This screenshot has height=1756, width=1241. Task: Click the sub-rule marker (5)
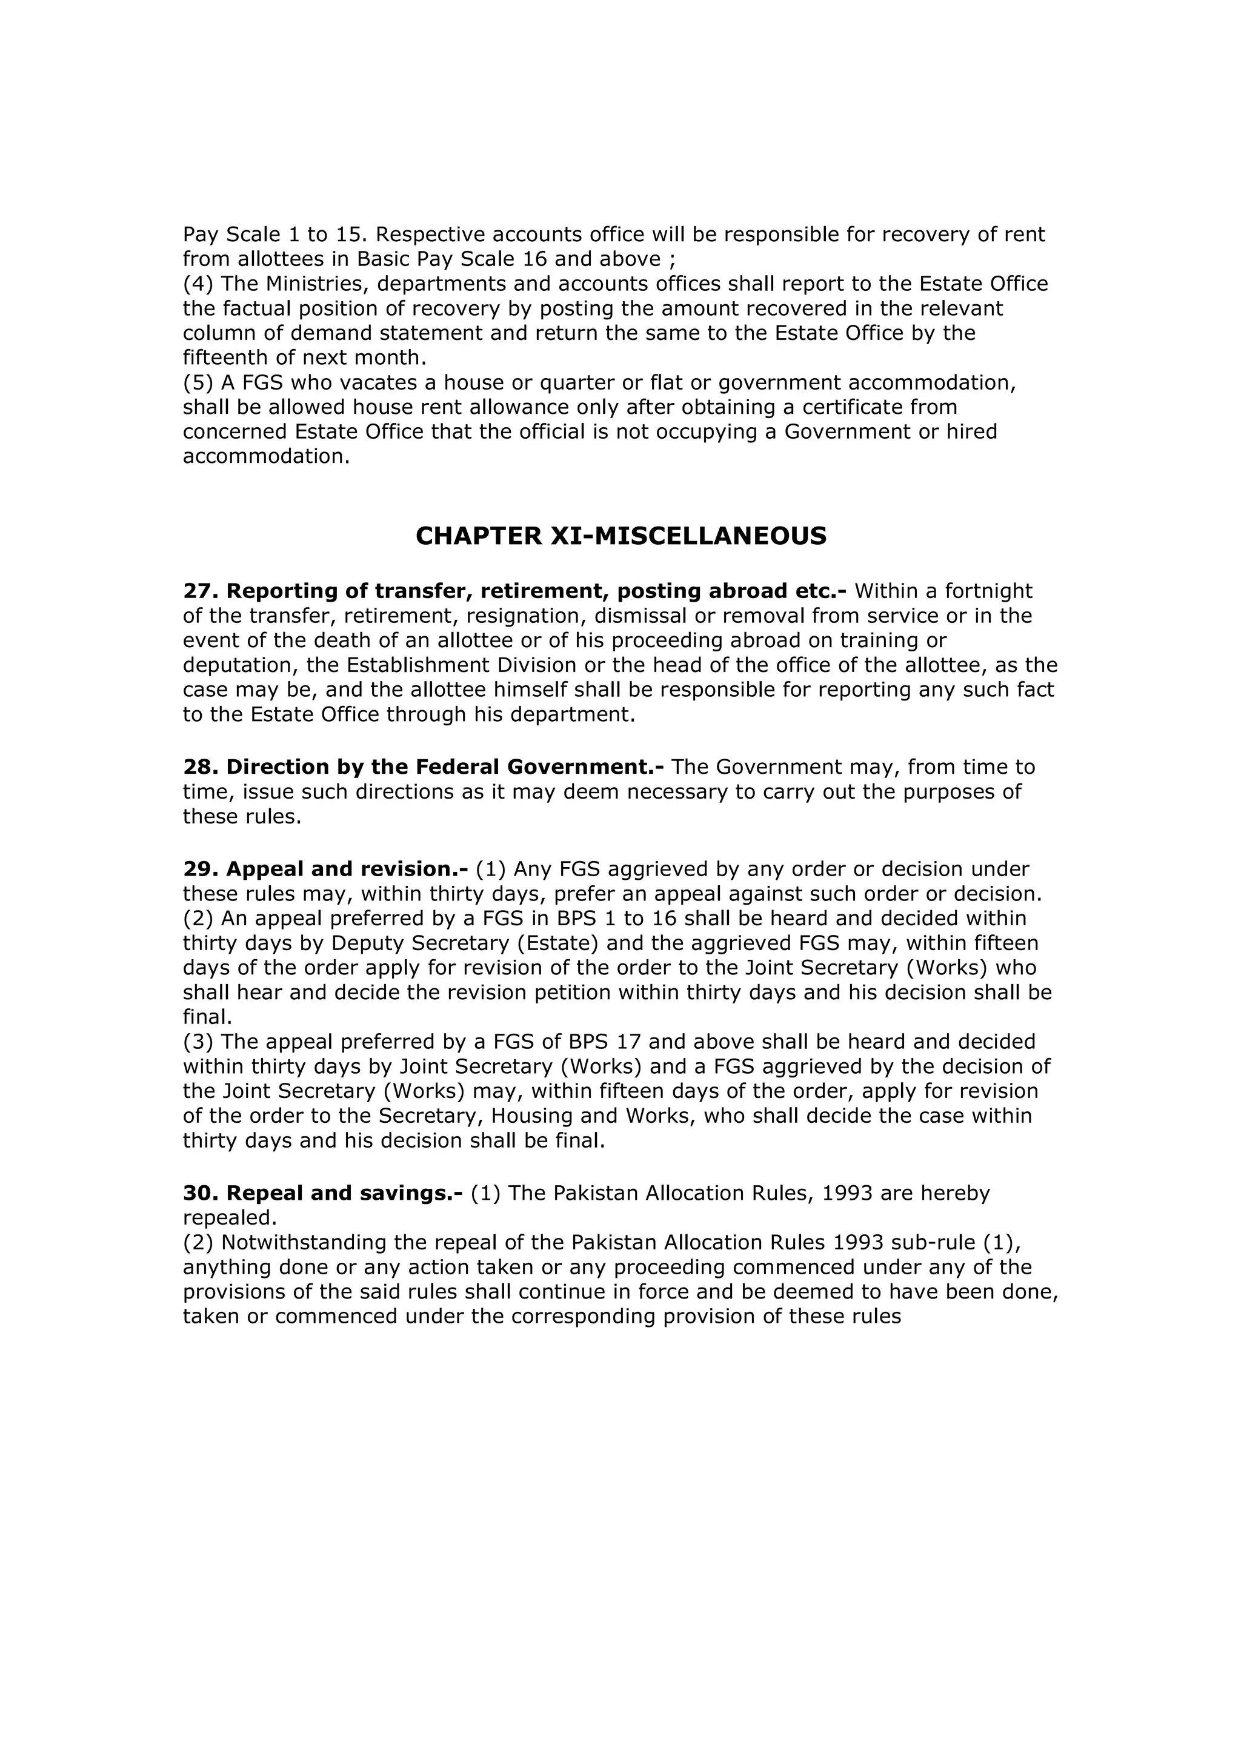click(198, 382)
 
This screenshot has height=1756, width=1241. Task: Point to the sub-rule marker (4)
click(198, 284)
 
